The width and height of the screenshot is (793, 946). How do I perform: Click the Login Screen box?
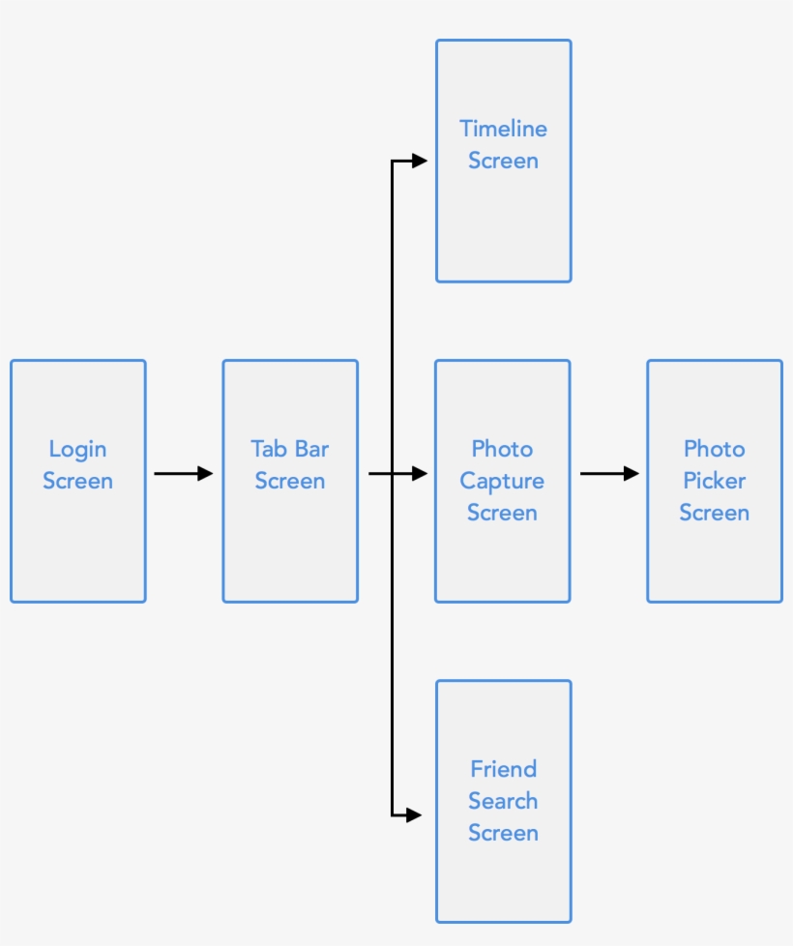coord(77,542)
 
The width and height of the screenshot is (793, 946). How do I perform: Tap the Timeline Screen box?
coord(503,222)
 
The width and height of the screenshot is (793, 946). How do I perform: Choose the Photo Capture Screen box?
coord(502,561)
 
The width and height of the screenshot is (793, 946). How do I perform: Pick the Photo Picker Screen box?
coord(714,561)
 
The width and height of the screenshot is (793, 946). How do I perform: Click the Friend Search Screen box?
coord(503,880)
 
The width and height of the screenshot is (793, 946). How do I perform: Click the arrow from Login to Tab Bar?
coord(182,473)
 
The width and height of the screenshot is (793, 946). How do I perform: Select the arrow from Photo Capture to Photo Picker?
coord(608,473)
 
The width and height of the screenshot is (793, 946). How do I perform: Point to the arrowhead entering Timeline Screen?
coord(419,162)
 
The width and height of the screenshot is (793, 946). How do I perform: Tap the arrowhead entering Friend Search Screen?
coord(414,815)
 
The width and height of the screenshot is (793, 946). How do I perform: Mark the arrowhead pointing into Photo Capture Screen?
coord(419,473)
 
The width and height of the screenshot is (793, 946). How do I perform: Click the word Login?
coord(77,449)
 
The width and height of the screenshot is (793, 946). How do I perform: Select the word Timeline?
coord(503,129)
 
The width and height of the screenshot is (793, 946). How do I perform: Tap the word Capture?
coord(502,481)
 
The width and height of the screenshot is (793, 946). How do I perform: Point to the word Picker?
coord(714,481)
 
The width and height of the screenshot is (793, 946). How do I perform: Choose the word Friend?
coord(503,769)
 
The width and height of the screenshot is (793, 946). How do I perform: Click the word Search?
coord(503,801)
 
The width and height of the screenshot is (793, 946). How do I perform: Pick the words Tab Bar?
coord(290,449)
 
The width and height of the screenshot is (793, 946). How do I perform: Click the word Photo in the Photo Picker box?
coord(714,449)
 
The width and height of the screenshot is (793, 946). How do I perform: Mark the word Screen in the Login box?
coord(77,481)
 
